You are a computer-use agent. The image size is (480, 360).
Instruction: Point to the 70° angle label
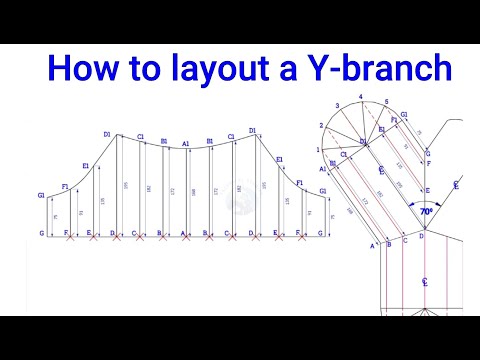(427, 212)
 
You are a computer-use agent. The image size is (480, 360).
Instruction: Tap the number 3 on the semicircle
(338, 105)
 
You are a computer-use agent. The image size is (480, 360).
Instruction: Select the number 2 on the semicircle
(322, 125)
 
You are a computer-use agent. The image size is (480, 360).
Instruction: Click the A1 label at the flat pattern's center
(185, 143)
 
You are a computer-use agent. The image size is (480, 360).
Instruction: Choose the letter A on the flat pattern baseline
(184, 233)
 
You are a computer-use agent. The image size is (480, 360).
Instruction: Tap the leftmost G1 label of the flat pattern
(42, 194)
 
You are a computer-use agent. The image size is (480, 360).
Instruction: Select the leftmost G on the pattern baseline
(41, 233)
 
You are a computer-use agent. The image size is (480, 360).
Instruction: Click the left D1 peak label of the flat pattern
(106, 133)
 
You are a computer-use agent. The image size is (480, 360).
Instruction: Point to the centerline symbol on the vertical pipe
(425, 282)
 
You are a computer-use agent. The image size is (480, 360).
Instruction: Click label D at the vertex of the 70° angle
(421, 237)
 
